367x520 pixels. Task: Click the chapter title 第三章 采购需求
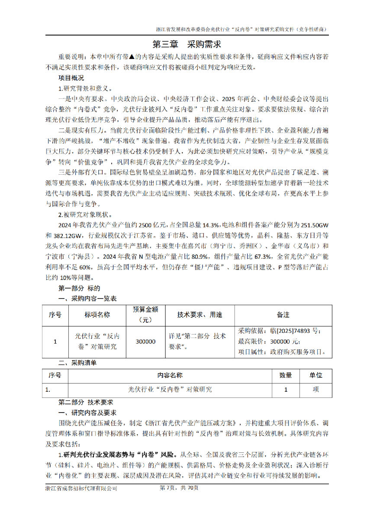click(x=183, y=44)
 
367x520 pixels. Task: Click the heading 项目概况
click(x=71, y=78)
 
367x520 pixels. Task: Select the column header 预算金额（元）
click(x=145, y=315)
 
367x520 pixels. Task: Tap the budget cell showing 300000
click(x=145, y=341)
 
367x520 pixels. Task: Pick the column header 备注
click(x=283, y=315)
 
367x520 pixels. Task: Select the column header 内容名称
click(x=170, y=375)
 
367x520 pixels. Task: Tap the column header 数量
click(x=285, y=375)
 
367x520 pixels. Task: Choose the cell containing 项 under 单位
click(x=315, y=390)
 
